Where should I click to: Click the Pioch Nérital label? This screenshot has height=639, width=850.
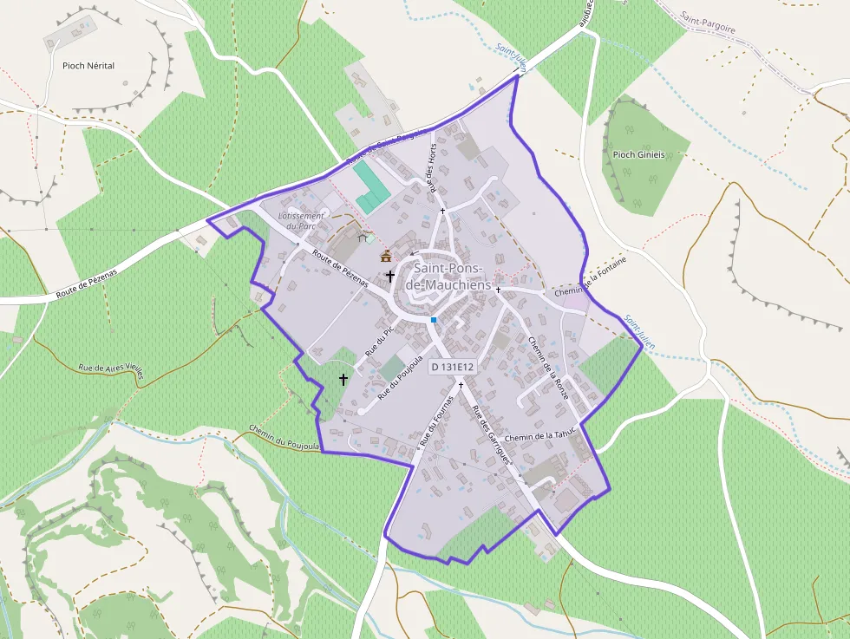[88, 65]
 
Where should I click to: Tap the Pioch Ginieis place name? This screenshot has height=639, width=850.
[638, 154]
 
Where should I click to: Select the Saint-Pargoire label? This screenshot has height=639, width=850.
[708, 23]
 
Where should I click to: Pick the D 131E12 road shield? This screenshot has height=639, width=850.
[453, 367]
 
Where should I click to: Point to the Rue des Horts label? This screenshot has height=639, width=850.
[430, 165]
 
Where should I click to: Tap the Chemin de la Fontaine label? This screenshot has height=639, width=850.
[590, 286]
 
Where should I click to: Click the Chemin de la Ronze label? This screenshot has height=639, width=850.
[548, 368]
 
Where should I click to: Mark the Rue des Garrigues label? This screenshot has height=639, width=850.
[491, 434]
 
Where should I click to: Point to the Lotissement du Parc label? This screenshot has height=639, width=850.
[302, 220]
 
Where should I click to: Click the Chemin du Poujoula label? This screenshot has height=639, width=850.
[284, 438]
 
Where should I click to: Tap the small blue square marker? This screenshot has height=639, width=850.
[434, 320]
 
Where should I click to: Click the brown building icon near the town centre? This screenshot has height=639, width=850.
[386, 256]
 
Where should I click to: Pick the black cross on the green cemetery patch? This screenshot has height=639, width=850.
[343, 379]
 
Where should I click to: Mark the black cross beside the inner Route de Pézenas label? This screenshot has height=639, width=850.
[390, 277]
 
